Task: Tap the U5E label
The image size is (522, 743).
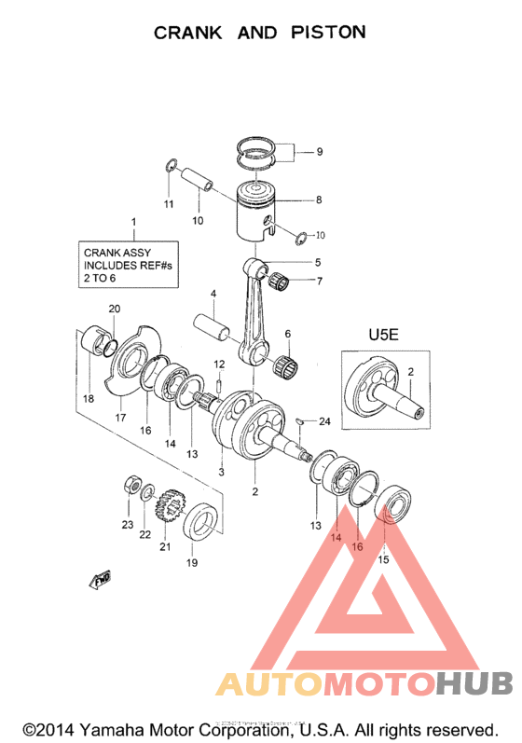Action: coord(382,334)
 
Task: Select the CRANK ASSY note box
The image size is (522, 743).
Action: coord(130,265)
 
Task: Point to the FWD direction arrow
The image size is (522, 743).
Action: coord(101,582)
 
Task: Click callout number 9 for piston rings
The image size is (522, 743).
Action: coord(319,152)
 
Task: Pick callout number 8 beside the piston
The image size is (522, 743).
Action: coord(318,200)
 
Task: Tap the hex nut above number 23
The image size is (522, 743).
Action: coord(132,487)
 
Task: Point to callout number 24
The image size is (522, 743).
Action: coord(324,421)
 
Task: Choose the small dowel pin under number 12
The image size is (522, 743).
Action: coord(218,382)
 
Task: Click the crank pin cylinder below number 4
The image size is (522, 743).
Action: coord(215,329)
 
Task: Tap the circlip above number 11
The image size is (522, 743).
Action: coord(170,166)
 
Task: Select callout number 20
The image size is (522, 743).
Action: coord(115,310)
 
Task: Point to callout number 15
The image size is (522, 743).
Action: coord(383,559)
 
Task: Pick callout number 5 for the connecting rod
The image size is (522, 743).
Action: coord(318,262)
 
